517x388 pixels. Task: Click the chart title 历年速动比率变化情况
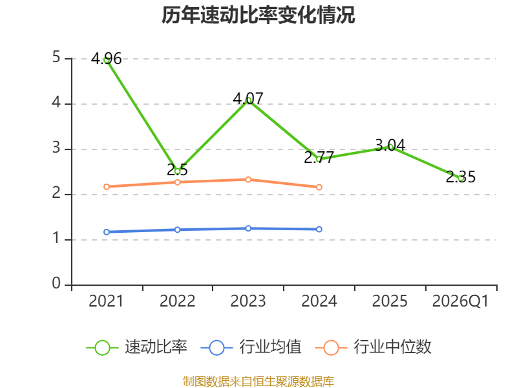(258, 15)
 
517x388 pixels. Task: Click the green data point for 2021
(107, 60)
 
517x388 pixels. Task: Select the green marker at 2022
(177, 171)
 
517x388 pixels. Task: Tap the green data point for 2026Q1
(461, 178)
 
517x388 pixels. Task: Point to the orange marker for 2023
(248, 180)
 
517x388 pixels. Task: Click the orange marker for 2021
(107, 187)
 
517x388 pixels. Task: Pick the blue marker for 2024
(319, 230)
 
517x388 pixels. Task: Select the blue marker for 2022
(177, 230)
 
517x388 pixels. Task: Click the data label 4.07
(248, 98)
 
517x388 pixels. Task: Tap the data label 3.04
(390, 145)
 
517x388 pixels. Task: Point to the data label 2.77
(319, 157)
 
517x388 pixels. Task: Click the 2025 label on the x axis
(390, 301)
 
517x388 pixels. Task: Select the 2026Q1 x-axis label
(460, 301)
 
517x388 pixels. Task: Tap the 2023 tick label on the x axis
(248, 301)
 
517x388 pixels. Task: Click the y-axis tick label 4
(56, 102)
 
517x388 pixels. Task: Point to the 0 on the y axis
(56, 283)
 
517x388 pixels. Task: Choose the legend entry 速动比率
(136, 347)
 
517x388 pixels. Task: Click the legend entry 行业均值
(251, 347)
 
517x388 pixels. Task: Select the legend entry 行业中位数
(373, 347)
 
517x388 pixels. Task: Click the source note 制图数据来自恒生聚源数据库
(258, 381)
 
